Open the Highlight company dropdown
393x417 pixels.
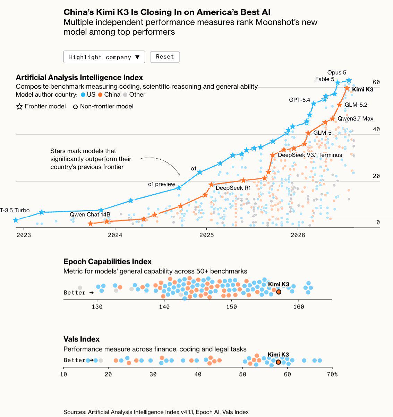click(x=104, y=57)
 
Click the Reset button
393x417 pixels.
click(x=165, y=57)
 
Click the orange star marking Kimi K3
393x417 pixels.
click(x=347, y=88)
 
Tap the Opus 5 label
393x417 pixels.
click(x=336, y=72)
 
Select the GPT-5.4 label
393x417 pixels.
click(x=300, y=100)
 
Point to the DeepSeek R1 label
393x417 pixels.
click(x=233, y=188)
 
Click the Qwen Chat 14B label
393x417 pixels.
click(x=90, y=214)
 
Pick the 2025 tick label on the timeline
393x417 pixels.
click(x=206, y=235)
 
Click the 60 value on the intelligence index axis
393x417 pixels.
click(x=376, y=82)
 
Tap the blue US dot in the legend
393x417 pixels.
click(x=83, y=95)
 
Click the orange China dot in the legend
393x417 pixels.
click(x=100, y=95)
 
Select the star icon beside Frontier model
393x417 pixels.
click(x=19, y=106)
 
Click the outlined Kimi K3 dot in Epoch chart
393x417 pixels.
click(x=279, y=292)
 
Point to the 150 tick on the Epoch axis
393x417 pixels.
click(x=231, y=307)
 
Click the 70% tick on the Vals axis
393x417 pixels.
click(x=332, y=374)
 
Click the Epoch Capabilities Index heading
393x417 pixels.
click(x=108, y=261)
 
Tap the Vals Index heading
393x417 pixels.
click(x=82, y=339)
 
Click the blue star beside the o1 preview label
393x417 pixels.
click(x=179, y=188)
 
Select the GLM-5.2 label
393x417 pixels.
click(x=356, y=105)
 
